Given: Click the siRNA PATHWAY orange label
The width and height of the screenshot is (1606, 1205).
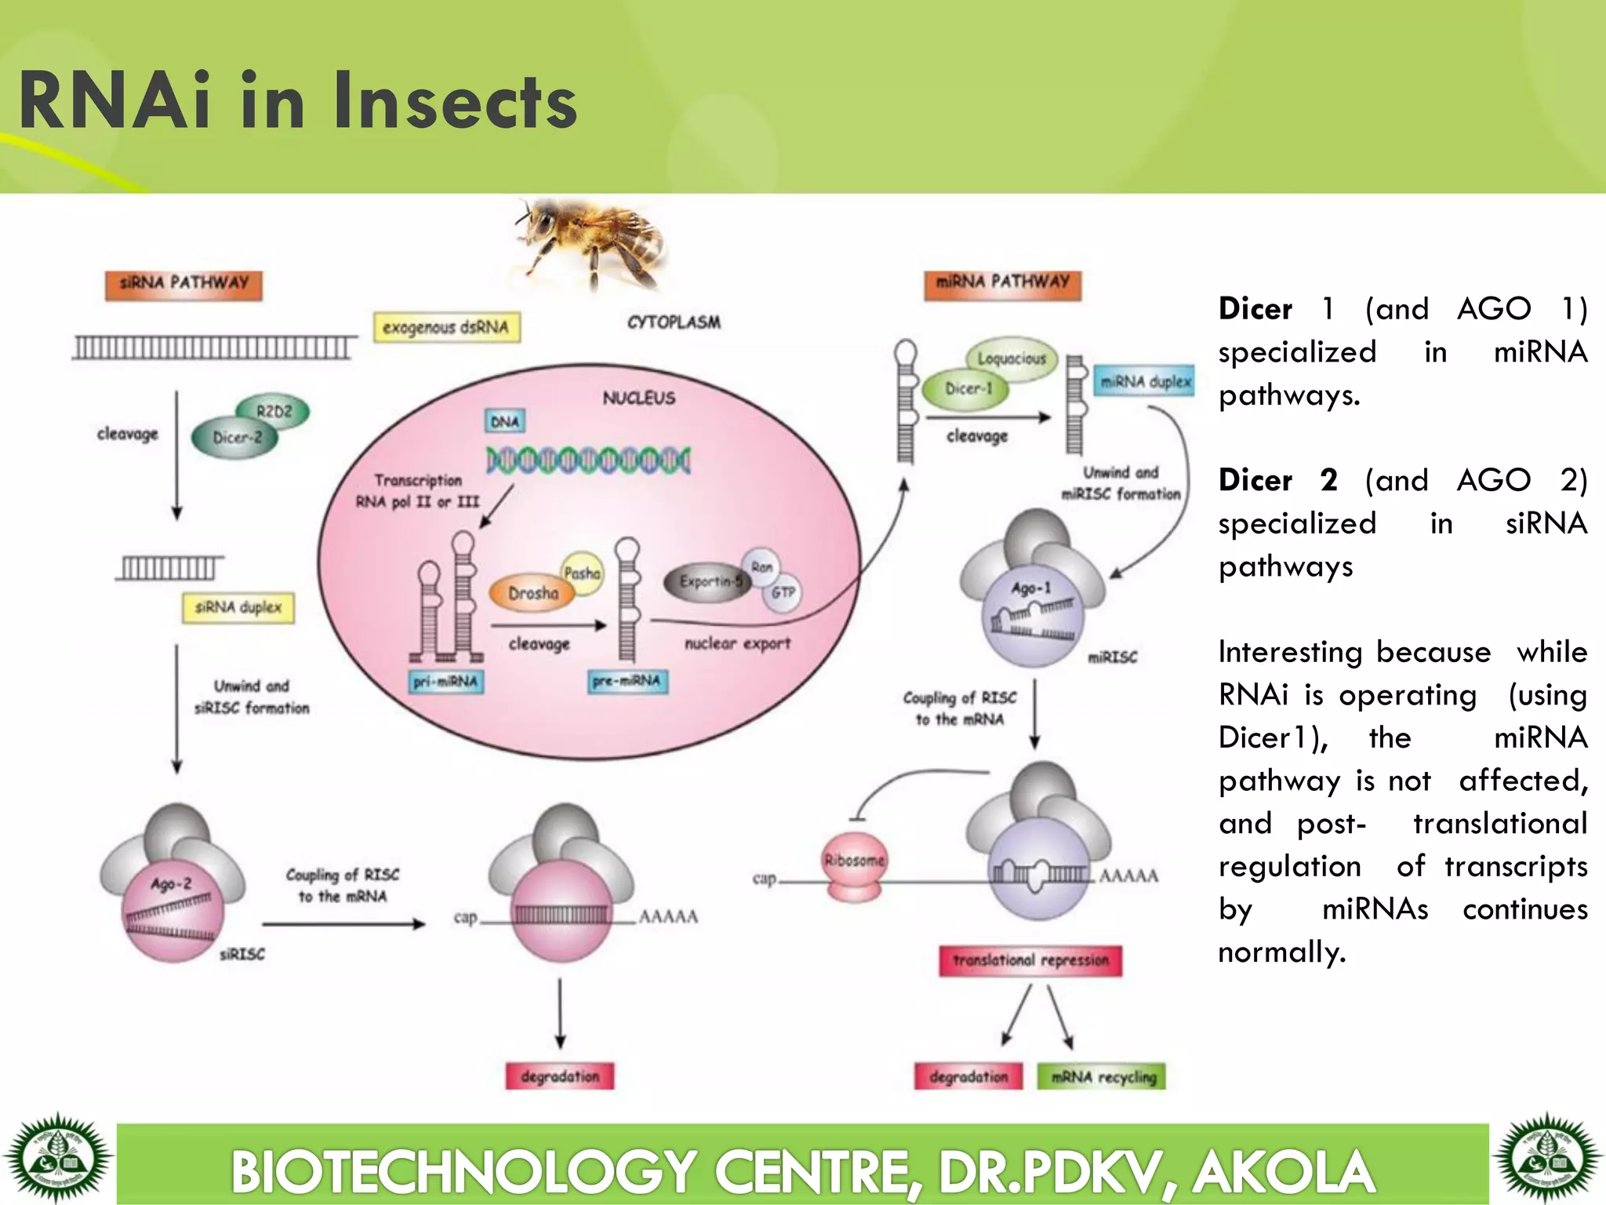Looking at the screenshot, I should [183, 285].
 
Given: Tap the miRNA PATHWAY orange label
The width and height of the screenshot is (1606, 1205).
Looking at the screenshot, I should [1002, 284].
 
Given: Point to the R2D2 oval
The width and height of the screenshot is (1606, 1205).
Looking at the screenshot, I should [274, 411].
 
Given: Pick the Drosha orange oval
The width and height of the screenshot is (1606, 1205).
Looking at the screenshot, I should [532, 594].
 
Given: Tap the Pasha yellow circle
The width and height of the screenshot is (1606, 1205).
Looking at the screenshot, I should [582, 573].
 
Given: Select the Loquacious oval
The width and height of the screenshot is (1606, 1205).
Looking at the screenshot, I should [1012, 359].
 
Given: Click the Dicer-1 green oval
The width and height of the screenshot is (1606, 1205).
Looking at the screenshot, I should [966, 389].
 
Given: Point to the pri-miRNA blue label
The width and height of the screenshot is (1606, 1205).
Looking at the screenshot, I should [445, 681].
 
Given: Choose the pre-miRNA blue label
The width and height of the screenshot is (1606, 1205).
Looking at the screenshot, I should [627, 680].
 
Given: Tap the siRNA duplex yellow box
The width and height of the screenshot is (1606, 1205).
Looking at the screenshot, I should [238, 607].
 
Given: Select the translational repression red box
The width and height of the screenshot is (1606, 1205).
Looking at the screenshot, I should [1030, 960].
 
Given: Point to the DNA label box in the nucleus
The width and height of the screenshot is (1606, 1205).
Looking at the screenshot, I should [505, 421].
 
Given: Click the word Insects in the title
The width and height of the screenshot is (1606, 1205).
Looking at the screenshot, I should [455, 102].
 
